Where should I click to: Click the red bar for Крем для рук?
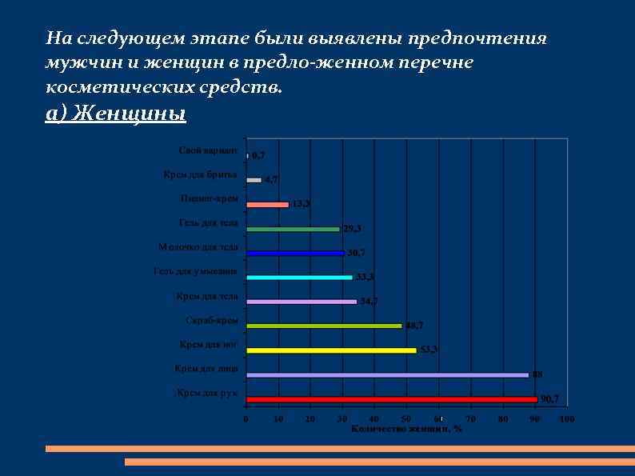392,398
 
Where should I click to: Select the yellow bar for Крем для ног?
332,350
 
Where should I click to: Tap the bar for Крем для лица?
388,374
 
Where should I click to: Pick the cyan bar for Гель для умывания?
300,278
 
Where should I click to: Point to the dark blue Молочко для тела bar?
295,253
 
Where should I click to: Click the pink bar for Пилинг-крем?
267,205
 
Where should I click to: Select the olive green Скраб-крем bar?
324,326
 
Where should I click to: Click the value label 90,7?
550,398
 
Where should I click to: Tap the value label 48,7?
414,326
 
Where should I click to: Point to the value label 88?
537,374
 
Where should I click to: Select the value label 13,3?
301,204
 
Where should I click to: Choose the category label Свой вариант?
208,150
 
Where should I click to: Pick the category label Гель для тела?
208,223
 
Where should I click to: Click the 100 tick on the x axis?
567,419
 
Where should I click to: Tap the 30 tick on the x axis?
342,419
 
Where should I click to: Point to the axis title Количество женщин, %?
406,429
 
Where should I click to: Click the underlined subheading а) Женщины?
116,114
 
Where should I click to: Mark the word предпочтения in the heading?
477,38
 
